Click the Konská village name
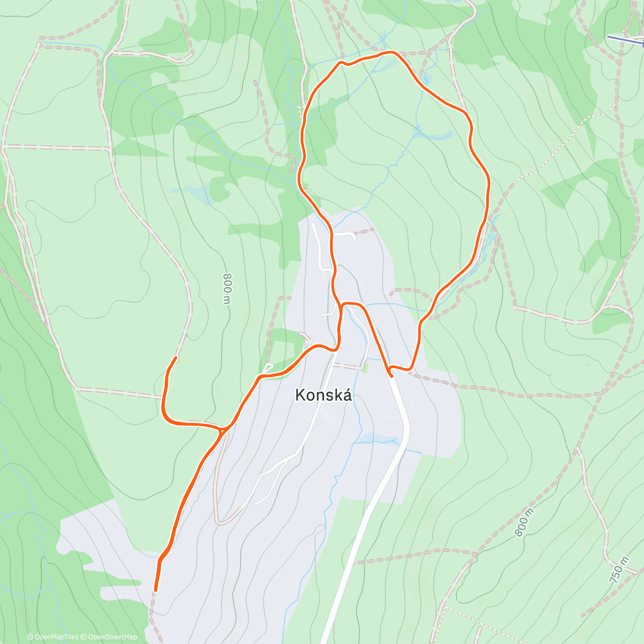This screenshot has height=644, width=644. click(x=324, y=396)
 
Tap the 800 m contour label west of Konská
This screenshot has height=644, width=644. click(x=228, y=289)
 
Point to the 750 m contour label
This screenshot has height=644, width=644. click(x=619, y=570)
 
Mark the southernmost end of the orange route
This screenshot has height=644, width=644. click(x=156, y=590)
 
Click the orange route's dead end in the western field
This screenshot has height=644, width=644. click(x=176, y=357)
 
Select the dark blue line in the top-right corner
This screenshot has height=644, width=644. click(x=625, y=39)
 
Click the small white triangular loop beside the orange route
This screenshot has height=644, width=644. click(x=267, y=369)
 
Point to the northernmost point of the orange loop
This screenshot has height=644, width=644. click(x=391, y=52)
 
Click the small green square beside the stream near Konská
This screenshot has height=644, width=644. click(x=365, y=367)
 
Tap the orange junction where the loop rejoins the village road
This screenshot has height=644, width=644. click(x=341, y=306)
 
